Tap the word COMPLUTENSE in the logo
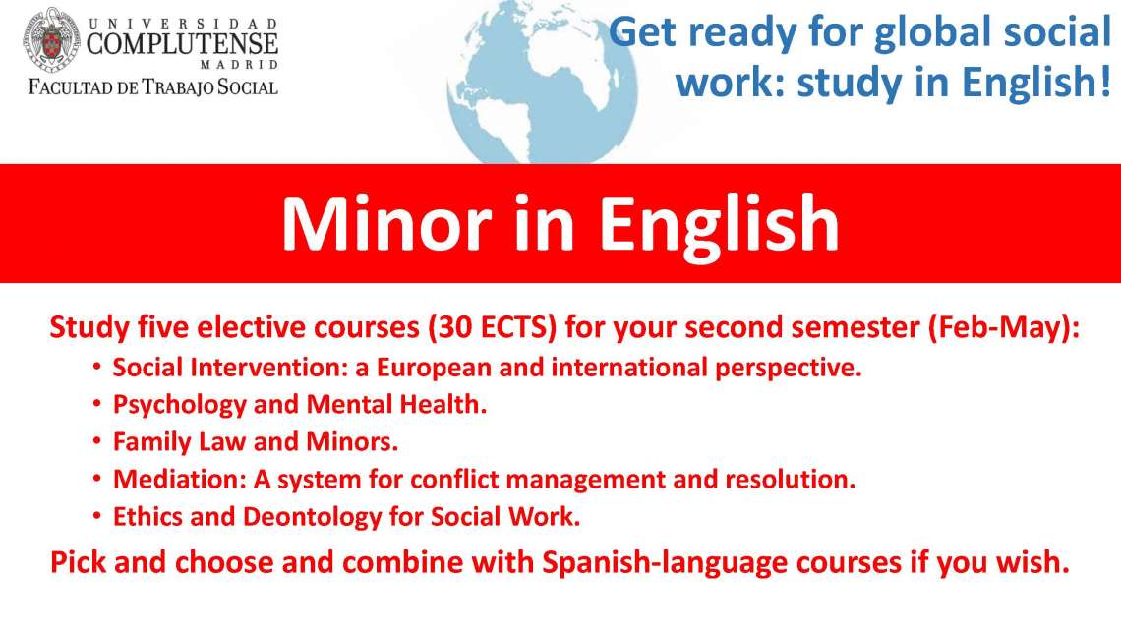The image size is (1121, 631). (182, 44)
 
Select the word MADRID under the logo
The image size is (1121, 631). (239, 64)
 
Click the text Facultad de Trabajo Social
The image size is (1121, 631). (152, 87)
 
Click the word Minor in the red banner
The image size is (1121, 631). (386, 223)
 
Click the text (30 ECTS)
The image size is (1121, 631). (493, 327)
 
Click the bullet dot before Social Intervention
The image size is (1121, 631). (97, 367)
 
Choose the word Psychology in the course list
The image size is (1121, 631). (179, 405)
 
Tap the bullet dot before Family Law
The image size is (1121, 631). (97, 441)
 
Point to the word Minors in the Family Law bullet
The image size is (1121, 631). (352, 441)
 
